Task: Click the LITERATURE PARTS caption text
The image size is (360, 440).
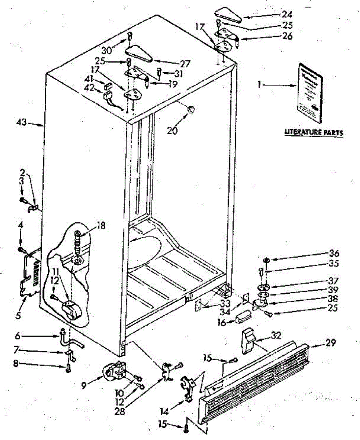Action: tap(314, 132)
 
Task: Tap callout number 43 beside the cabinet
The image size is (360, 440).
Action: tap(21, 123)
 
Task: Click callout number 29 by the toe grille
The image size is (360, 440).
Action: tap(331, 343)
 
